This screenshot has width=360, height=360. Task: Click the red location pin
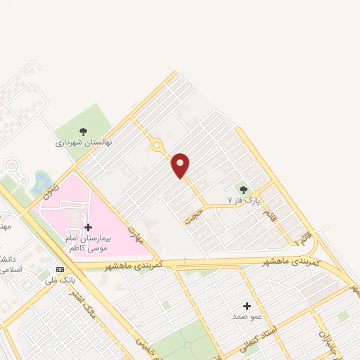(x=181, y=165)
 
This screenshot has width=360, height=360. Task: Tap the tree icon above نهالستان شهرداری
(x=84, y=131)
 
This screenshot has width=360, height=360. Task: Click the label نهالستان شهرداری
(x=84, y=143)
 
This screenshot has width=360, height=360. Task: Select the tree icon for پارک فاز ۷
(x=243, y=190)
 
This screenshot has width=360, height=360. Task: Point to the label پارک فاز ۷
(x=243, y=200)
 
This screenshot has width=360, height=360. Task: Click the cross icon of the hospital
(x=88, y=227)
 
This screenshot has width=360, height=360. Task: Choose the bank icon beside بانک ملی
(x=60, y=269)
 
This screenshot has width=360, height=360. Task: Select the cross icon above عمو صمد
(x=247, y=306)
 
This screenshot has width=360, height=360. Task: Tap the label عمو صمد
(x=247, y=317)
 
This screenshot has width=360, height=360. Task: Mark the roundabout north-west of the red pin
(x=156, y=146)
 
